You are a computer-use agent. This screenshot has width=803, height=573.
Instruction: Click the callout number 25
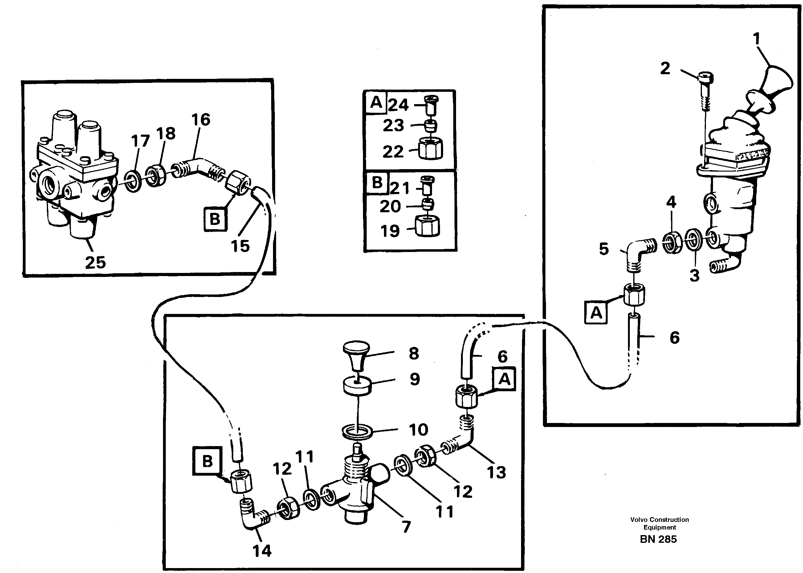click(x=95, y=262)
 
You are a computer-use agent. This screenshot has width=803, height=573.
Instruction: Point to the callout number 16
click(x=201, y=120)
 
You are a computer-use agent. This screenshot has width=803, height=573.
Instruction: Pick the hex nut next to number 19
click(x=428, y=226)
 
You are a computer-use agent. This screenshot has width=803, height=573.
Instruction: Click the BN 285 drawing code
click(x=658, y=539)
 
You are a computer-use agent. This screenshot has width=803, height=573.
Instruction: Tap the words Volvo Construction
click(x=659, y=519)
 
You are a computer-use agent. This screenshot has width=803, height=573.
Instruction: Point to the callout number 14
click(x=262, y=551)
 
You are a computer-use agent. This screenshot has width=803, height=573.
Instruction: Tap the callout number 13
click(x=496, y=472)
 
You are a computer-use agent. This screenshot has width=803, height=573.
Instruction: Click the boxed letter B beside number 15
click(x=215, y=219)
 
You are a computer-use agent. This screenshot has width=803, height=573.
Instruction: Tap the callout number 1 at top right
click(x=756, y=39)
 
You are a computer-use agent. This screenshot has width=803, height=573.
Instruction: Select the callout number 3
click(x=694, y=275)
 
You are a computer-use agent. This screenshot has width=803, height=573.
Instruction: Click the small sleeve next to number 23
click(x=430, y=125)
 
